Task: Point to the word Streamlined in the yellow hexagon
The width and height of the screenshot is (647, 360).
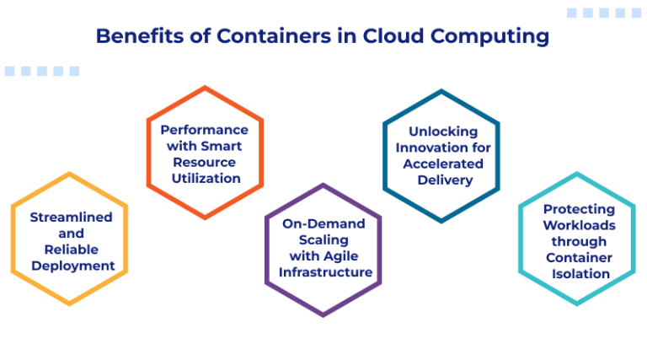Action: pos(71,218)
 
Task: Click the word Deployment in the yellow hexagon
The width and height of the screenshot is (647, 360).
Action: pos(71,266)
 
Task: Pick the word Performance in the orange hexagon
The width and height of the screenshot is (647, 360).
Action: pos(205,130)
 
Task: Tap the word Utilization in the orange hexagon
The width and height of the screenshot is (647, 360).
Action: pos(205,178)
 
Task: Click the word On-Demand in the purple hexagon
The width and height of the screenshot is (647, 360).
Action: pos(323,223)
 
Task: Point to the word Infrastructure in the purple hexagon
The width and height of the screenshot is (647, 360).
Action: pos(323,271)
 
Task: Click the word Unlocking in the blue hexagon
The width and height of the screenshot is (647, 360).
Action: pos(443,132)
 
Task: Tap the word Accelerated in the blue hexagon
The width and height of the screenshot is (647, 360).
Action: pos(443,164)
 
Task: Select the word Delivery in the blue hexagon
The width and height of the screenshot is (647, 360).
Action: pos(443,180)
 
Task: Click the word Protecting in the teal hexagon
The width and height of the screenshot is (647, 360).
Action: pos(579,209)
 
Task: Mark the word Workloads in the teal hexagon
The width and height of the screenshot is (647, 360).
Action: pos(579,225)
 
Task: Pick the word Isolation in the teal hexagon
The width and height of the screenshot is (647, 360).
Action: pos(579,273)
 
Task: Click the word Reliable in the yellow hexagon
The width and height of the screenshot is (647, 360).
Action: pos(71,250)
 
